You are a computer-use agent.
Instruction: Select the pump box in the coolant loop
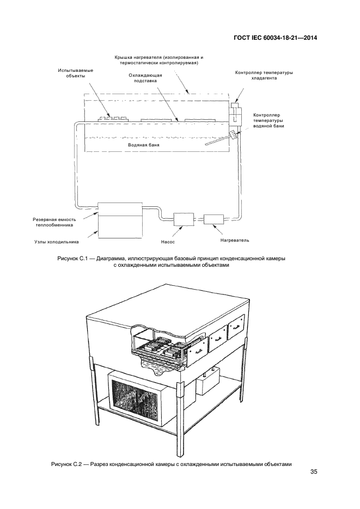(184, 219)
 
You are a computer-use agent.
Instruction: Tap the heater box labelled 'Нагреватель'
(212, 219)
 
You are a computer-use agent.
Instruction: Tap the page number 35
(313, 472)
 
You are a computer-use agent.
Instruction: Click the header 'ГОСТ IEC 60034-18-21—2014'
(275, 38)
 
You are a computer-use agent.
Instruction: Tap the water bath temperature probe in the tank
(221, 140)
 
